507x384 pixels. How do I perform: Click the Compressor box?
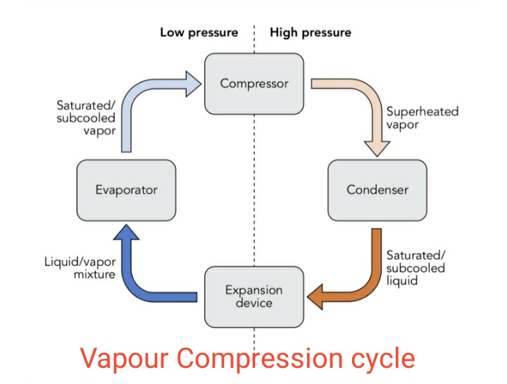(x=254, y=84)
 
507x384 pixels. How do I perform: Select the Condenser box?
(x=377, y=190)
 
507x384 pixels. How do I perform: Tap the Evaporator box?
(x=126, y=190)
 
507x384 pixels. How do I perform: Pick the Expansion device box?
(x=254, y=296)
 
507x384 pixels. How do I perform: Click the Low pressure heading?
(x=199, y=32)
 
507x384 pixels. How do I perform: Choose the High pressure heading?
(x=311, y=32)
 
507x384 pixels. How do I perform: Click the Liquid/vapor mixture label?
(x=79, y=268)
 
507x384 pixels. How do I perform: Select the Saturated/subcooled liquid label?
(x=415, y=267)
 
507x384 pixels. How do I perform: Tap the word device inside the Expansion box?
(x=254, y=303)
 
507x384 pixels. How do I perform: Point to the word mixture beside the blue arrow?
(x=94, y=274)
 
